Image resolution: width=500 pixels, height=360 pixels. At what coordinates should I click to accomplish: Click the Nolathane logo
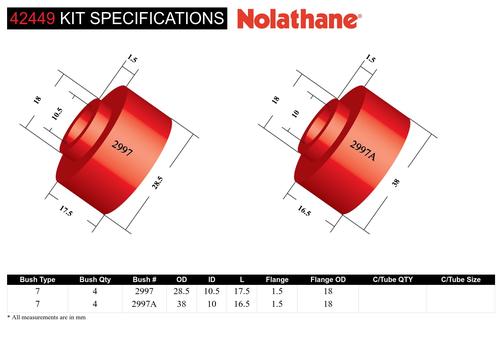click(x=299, y=19)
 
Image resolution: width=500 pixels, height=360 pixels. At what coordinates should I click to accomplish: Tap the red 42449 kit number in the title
click(x=32, y=18)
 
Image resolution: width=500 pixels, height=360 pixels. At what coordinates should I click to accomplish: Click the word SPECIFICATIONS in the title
click(x=157, y=18)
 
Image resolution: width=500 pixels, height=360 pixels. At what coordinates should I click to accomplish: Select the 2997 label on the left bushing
click(x=122, y=149)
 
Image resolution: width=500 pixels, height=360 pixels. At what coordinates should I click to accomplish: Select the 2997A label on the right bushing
click(x=363, y=150)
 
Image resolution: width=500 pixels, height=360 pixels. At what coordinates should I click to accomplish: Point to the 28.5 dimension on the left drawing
click(x=157, y=183)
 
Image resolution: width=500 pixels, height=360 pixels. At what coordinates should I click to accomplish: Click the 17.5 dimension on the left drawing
click(x=66, y=211)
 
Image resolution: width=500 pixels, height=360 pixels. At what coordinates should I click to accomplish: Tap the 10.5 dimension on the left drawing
click(x=57, y=114)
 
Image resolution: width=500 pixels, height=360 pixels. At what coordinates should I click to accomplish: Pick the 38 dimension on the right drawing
click(x=396, y=182)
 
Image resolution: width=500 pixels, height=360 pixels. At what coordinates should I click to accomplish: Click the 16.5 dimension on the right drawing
click(x=304, y=211)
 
